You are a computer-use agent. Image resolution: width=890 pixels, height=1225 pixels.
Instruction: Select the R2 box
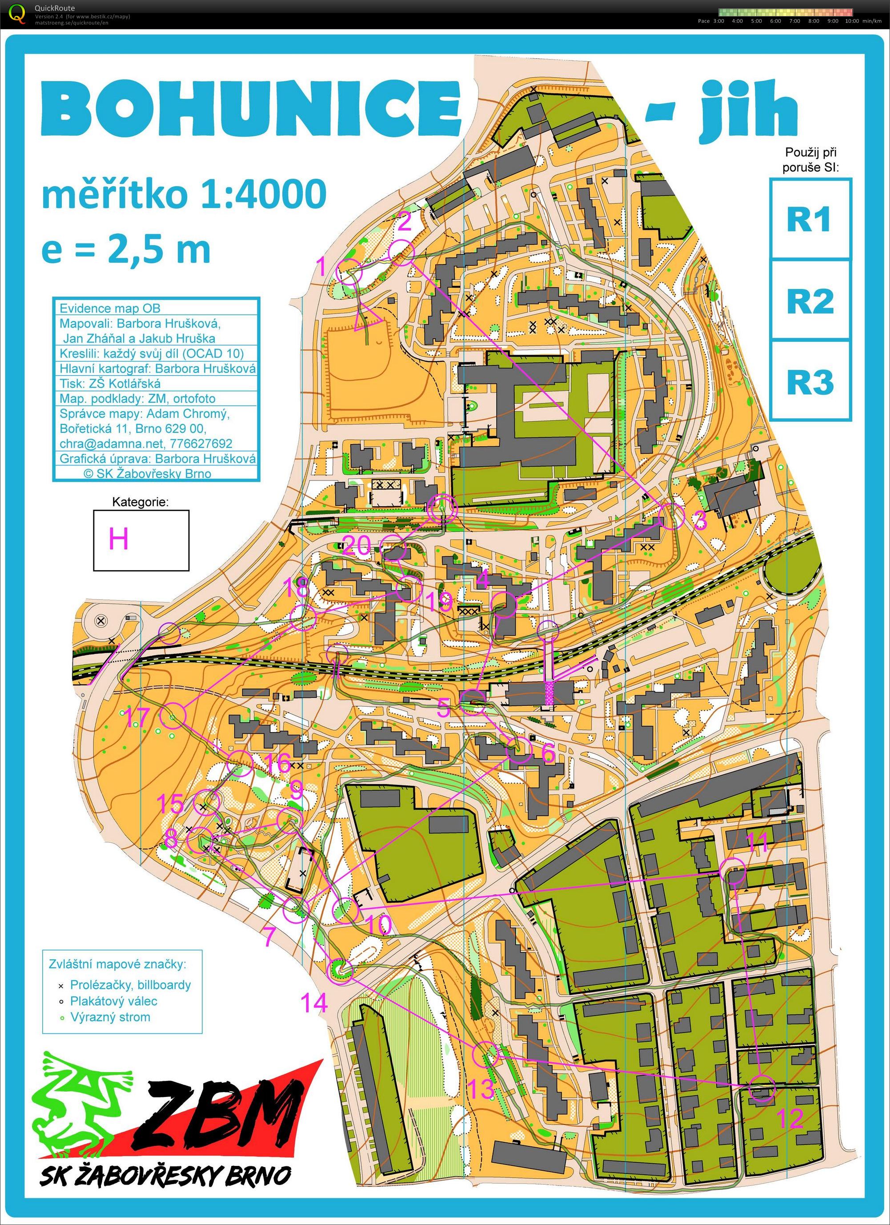point(810,300)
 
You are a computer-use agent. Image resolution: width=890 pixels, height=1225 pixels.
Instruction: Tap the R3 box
point(810,381)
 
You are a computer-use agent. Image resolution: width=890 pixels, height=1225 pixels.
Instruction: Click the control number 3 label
point(699,520)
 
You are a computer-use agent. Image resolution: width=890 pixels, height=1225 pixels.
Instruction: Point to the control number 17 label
point(138,718)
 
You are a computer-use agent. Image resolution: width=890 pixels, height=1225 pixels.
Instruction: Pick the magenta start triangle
point(368,319)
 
